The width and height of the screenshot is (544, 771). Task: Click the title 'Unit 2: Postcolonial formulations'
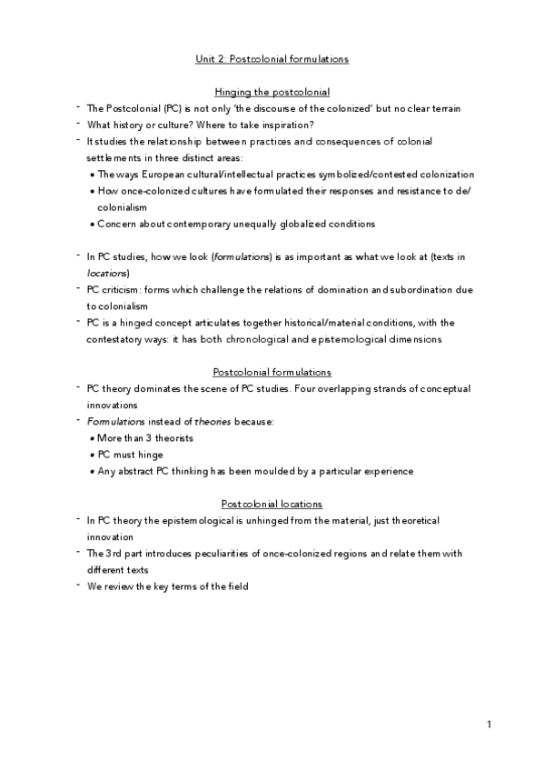272,59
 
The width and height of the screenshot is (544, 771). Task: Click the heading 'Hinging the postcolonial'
272,92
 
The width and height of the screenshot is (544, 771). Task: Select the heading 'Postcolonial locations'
272,504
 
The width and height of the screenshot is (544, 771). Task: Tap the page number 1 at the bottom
489,725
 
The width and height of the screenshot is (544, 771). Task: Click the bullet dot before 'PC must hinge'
93,455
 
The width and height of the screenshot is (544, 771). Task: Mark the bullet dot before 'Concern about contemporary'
93,225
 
